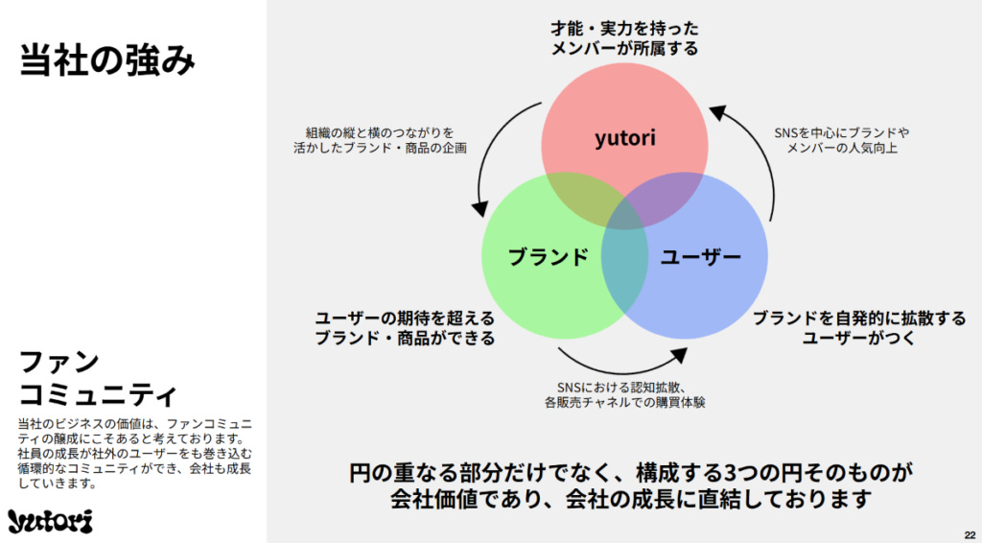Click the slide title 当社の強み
[107, 60]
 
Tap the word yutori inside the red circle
[624, 137]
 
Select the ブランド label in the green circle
[548, 256]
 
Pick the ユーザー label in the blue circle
[701, 256]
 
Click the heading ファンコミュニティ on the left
[98, 378]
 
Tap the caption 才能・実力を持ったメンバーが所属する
[624, 37]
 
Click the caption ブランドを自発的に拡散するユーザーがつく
[858, 327]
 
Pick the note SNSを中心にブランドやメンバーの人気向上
[841, 140]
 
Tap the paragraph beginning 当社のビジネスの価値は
[134, 453]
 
